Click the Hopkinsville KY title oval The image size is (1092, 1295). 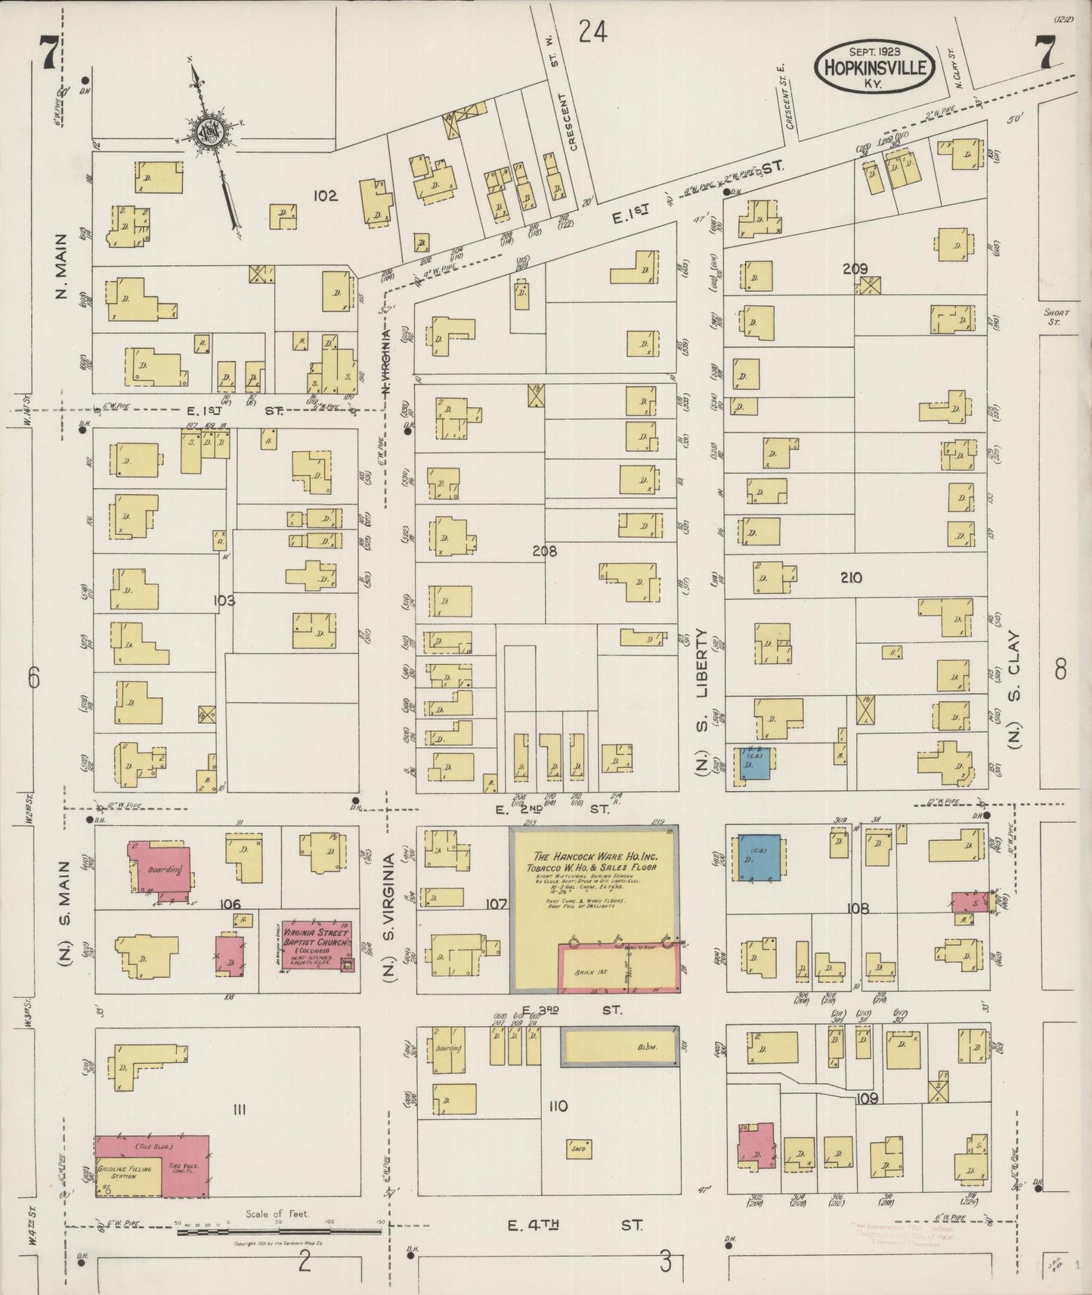click(x=875, y=66)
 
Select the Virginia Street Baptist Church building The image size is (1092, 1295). click(x=315, y=944)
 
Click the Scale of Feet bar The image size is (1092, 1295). click(x=280, y=1232)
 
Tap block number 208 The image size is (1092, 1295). click(x=544, y=552)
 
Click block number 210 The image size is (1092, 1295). click(x=850, y=578)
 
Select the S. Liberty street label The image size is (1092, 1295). click(x=702, y=665)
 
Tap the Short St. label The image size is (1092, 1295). click(x=1053, y=317)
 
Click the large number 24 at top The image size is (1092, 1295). click(x=593, y=32)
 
